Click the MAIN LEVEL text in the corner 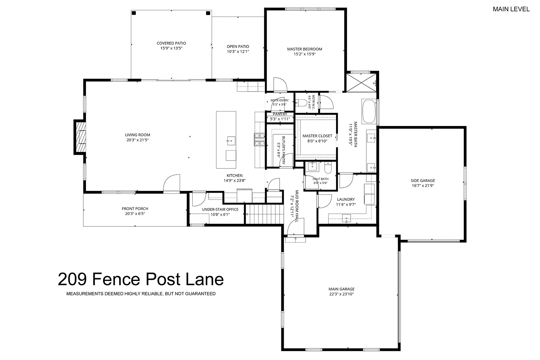511,9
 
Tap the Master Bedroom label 304,49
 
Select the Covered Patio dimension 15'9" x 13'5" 171,48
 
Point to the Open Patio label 238,47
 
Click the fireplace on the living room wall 80,137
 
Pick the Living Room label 137,135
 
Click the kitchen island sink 231,141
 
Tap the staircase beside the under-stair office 264,214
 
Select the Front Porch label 135,209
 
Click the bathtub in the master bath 369,111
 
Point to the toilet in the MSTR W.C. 301,103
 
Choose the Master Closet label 317,136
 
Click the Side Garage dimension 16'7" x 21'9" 423,186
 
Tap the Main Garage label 341,289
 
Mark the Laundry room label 346,199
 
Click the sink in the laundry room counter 346,218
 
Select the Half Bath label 320,179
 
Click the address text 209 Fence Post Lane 141,279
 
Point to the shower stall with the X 361,83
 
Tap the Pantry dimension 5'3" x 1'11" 280,119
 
